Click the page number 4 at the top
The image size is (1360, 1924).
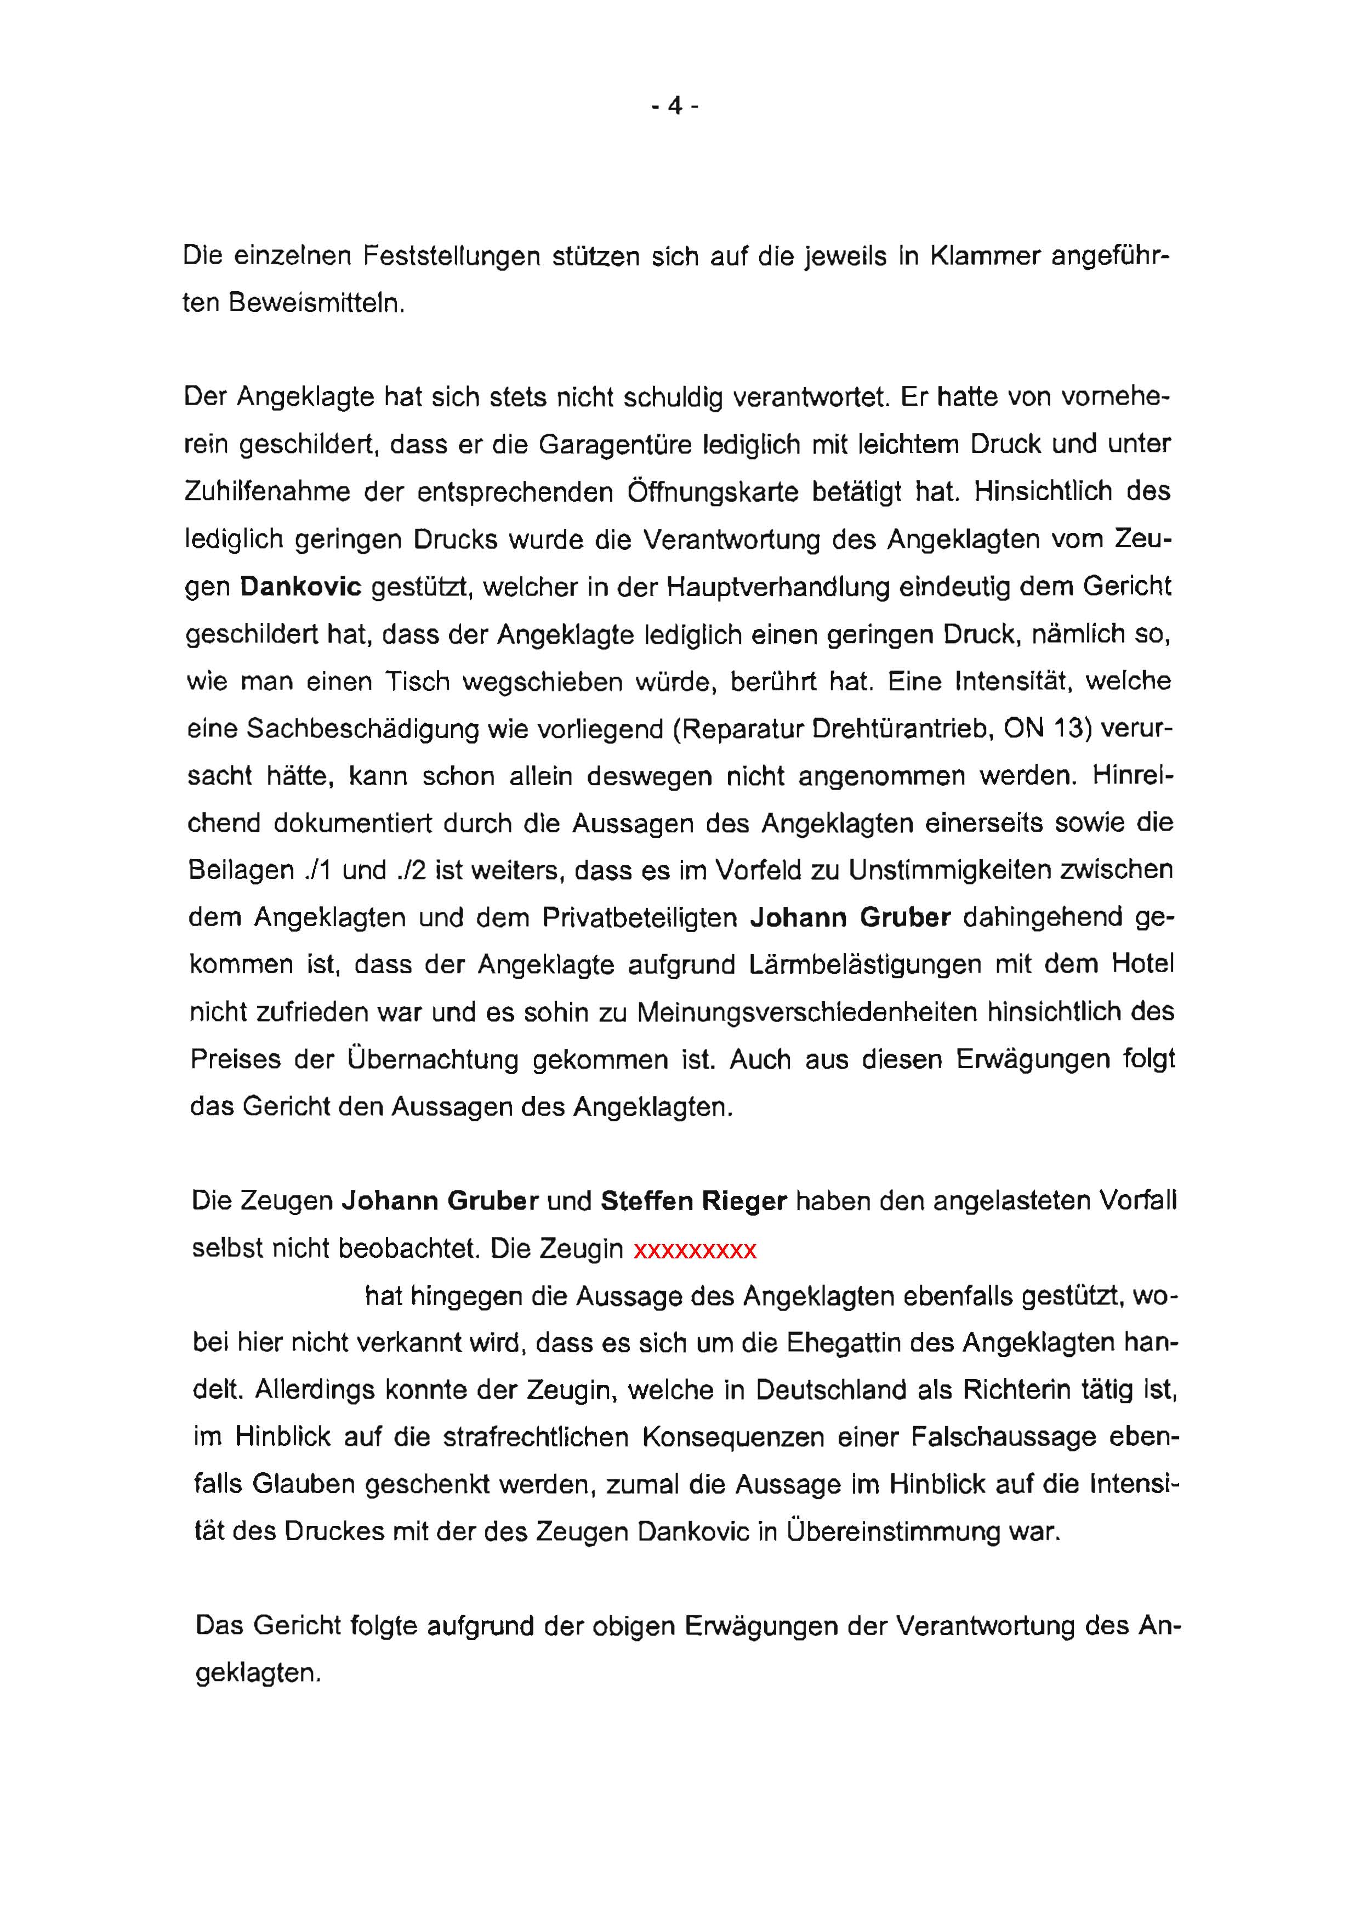click(675, 106)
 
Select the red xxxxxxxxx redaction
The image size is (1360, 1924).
click(695, 1250)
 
